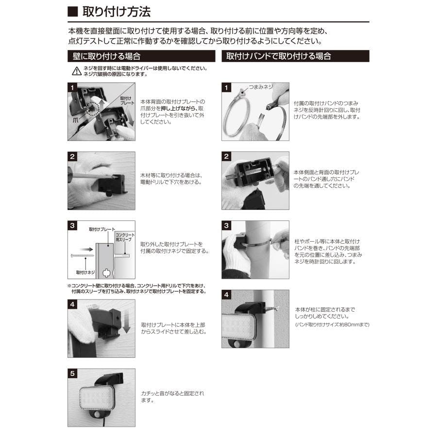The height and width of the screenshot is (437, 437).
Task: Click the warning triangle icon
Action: click(x=77, y=71)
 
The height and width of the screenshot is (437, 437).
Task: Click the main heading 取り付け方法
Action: click(x=117, y=12)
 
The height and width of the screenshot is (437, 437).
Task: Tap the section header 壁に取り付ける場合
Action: click(x=106, y=56)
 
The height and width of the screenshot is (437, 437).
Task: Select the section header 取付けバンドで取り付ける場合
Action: click(x=278, y=56)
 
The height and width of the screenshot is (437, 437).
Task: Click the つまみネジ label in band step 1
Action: click(x=261, y=87)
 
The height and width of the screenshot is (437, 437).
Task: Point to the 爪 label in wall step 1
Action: click(x=76, y=120)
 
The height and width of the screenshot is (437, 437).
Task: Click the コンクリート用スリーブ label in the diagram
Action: click(x=125, y=237)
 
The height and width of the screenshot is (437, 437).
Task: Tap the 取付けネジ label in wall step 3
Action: click(x=85, y=272)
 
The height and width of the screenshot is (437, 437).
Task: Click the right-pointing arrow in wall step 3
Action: click(x=86, y=250)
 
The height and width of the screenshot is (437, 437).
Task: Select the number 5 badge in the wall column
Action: click(x=72, y=373)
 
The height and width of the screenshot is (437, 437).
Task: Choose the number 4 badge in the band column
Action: click(x=226, y=295)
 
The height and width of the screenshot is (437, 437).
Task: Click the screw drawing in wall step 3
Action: click(x=83, y=255)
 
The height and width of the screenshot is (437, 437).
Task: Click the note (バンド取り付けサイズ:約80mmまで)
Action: click(x=332, y=325)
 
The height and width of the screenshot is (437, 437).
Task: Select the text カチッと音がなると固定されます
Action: click(x=172, y=397)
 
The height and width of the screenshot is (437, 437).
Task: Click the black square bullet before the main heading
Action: click(x=72, y=12)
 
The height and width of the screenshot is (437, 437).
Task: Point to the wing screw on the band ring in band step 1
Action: click(x=240, y=92)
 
